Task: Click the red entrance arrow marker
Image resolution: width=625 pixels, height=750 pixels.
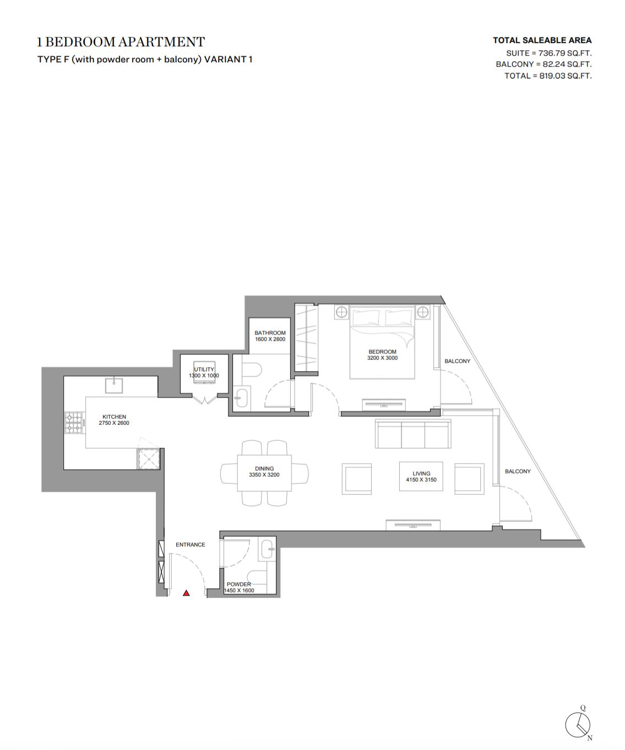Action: (x=186, y=593)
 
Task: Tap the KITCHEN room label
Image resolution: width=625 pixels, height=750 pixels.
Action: (x=114, y=417)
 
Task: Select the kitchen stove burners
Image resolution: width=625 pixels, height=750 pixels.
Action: (x=74, y=423)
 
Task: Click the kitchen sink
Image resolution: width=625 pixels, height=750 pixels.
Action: (x=114, y=386)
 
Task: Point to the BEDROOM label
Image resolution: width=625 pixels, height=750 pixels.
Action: (x=382, y=352)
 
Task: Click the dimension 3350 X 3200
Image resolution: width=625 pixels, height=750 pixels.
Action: (x=264, y=474)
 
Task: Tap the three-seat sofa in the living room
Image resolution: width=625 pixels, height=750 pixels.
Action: (x=413, y=434)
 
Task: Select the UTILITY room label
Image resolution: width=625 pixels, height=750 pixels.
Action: (x=204, y=369)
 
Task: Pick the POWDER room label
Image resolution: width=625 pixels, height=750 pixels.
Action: (x=239, y=585)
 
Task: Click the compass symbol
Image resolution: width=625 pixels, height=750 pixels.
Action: (x=578, y=725)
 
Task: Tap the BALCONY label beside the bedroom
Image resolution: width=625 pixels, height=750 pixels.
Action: (x=458, y=361)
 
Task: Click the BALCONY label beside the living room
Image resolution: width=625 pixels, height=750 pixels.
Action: (x=518, y=471)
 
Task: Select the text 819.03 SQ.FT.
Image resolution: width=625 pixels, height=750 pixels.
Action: (x=566, y=76)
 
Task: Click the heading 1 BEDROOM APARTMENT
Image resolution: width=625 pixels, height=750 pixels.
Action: (x=121, y=42)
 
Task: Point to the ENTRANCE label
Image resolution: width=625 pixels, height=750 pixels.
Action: (x=191, y=544)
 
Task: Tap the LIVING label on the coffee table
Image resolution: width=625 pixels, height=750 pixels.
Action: (x=421, y=473)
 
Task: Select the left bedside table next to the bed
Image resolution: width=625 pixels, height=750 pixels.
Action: (x=342, y=312)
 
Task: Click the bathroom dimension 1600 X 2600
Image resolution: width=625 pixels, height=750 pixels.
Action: (x=270, y=339)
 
